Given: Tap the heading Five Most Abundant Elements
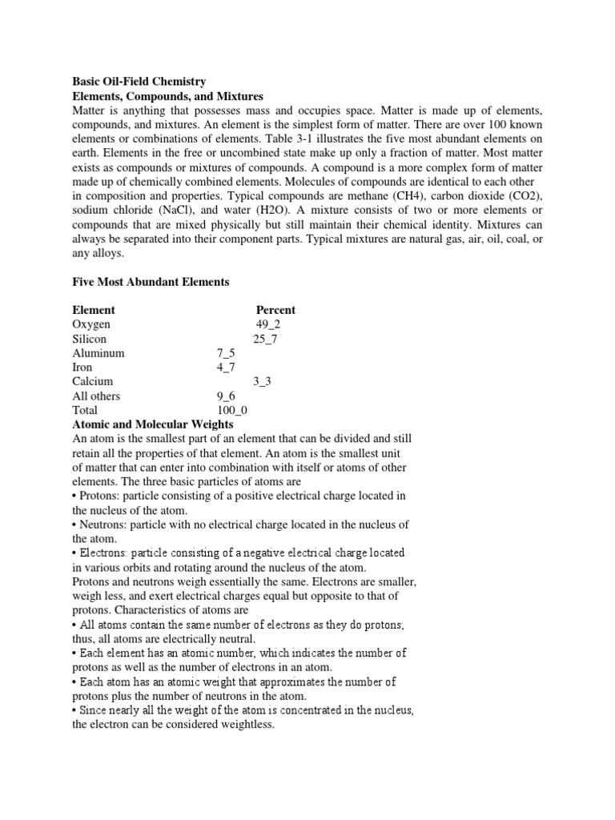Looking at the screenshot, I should [x=151, y=282].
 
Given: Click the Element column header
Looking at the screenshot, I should [x=94, y=310].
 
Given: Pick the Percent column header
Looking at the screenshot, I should [x=275, y=310].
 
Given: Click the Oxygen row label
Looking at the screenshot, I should [x=91, y=324].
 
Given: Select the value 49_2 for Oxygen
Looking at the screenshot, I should [x=268, y=324].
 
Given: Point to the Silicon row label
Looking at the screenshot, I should [x=89, y=339].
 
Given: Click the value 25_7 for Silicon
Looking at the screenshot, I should [x=265, y=339].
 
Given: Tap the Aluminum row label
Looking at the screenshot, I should [x=98, y=353].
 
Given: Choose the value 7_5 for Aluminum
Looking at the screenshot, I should [x=225, y=353].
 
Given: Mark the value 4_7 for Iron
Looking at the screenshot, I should [x=225, y=368].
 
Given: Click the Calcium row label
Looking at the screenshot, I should [x=93, y=382].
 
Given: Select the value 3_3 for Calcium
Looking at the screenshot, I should [x=262, y=382].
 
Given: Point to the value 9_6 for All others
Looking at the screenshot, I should [x=225, y=396].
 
